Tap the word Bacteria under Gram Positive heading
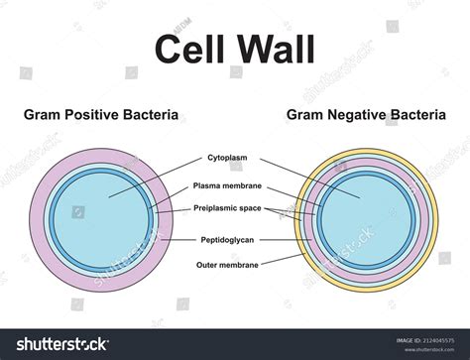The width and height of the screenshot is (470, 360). pos(152,115)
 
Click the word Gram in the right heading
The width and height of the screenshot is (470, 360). pos(305,115)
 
